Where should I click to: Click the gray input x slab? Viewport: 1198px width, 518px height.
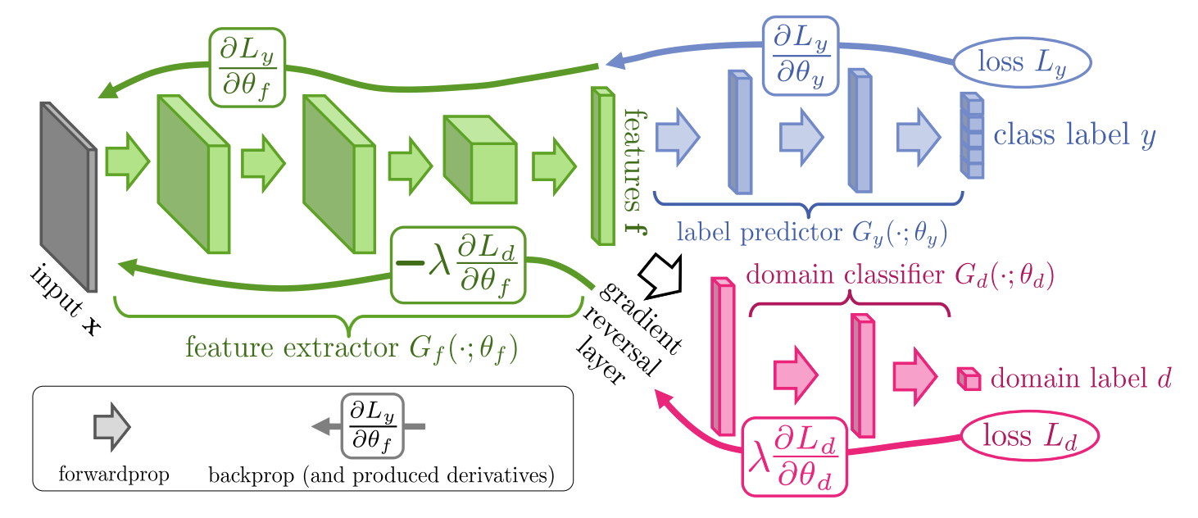69,197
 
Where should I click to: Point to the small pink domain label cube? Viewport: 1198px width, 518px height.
969,379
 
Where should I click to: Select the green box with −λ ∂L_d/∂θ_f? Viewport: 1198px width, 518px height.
459,265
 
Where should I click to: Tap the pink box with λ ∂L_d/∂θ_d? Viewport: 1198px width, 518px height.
794,456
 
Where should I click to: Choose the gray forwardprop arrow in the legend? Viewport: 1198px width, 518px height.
111,427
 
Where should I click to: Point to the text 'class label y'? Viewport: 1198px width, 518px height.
1073,135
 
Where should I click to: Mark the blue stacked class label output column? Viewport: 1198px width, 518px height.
971,136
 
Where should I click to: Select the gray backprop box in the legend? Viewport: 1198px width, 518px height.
373,426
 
